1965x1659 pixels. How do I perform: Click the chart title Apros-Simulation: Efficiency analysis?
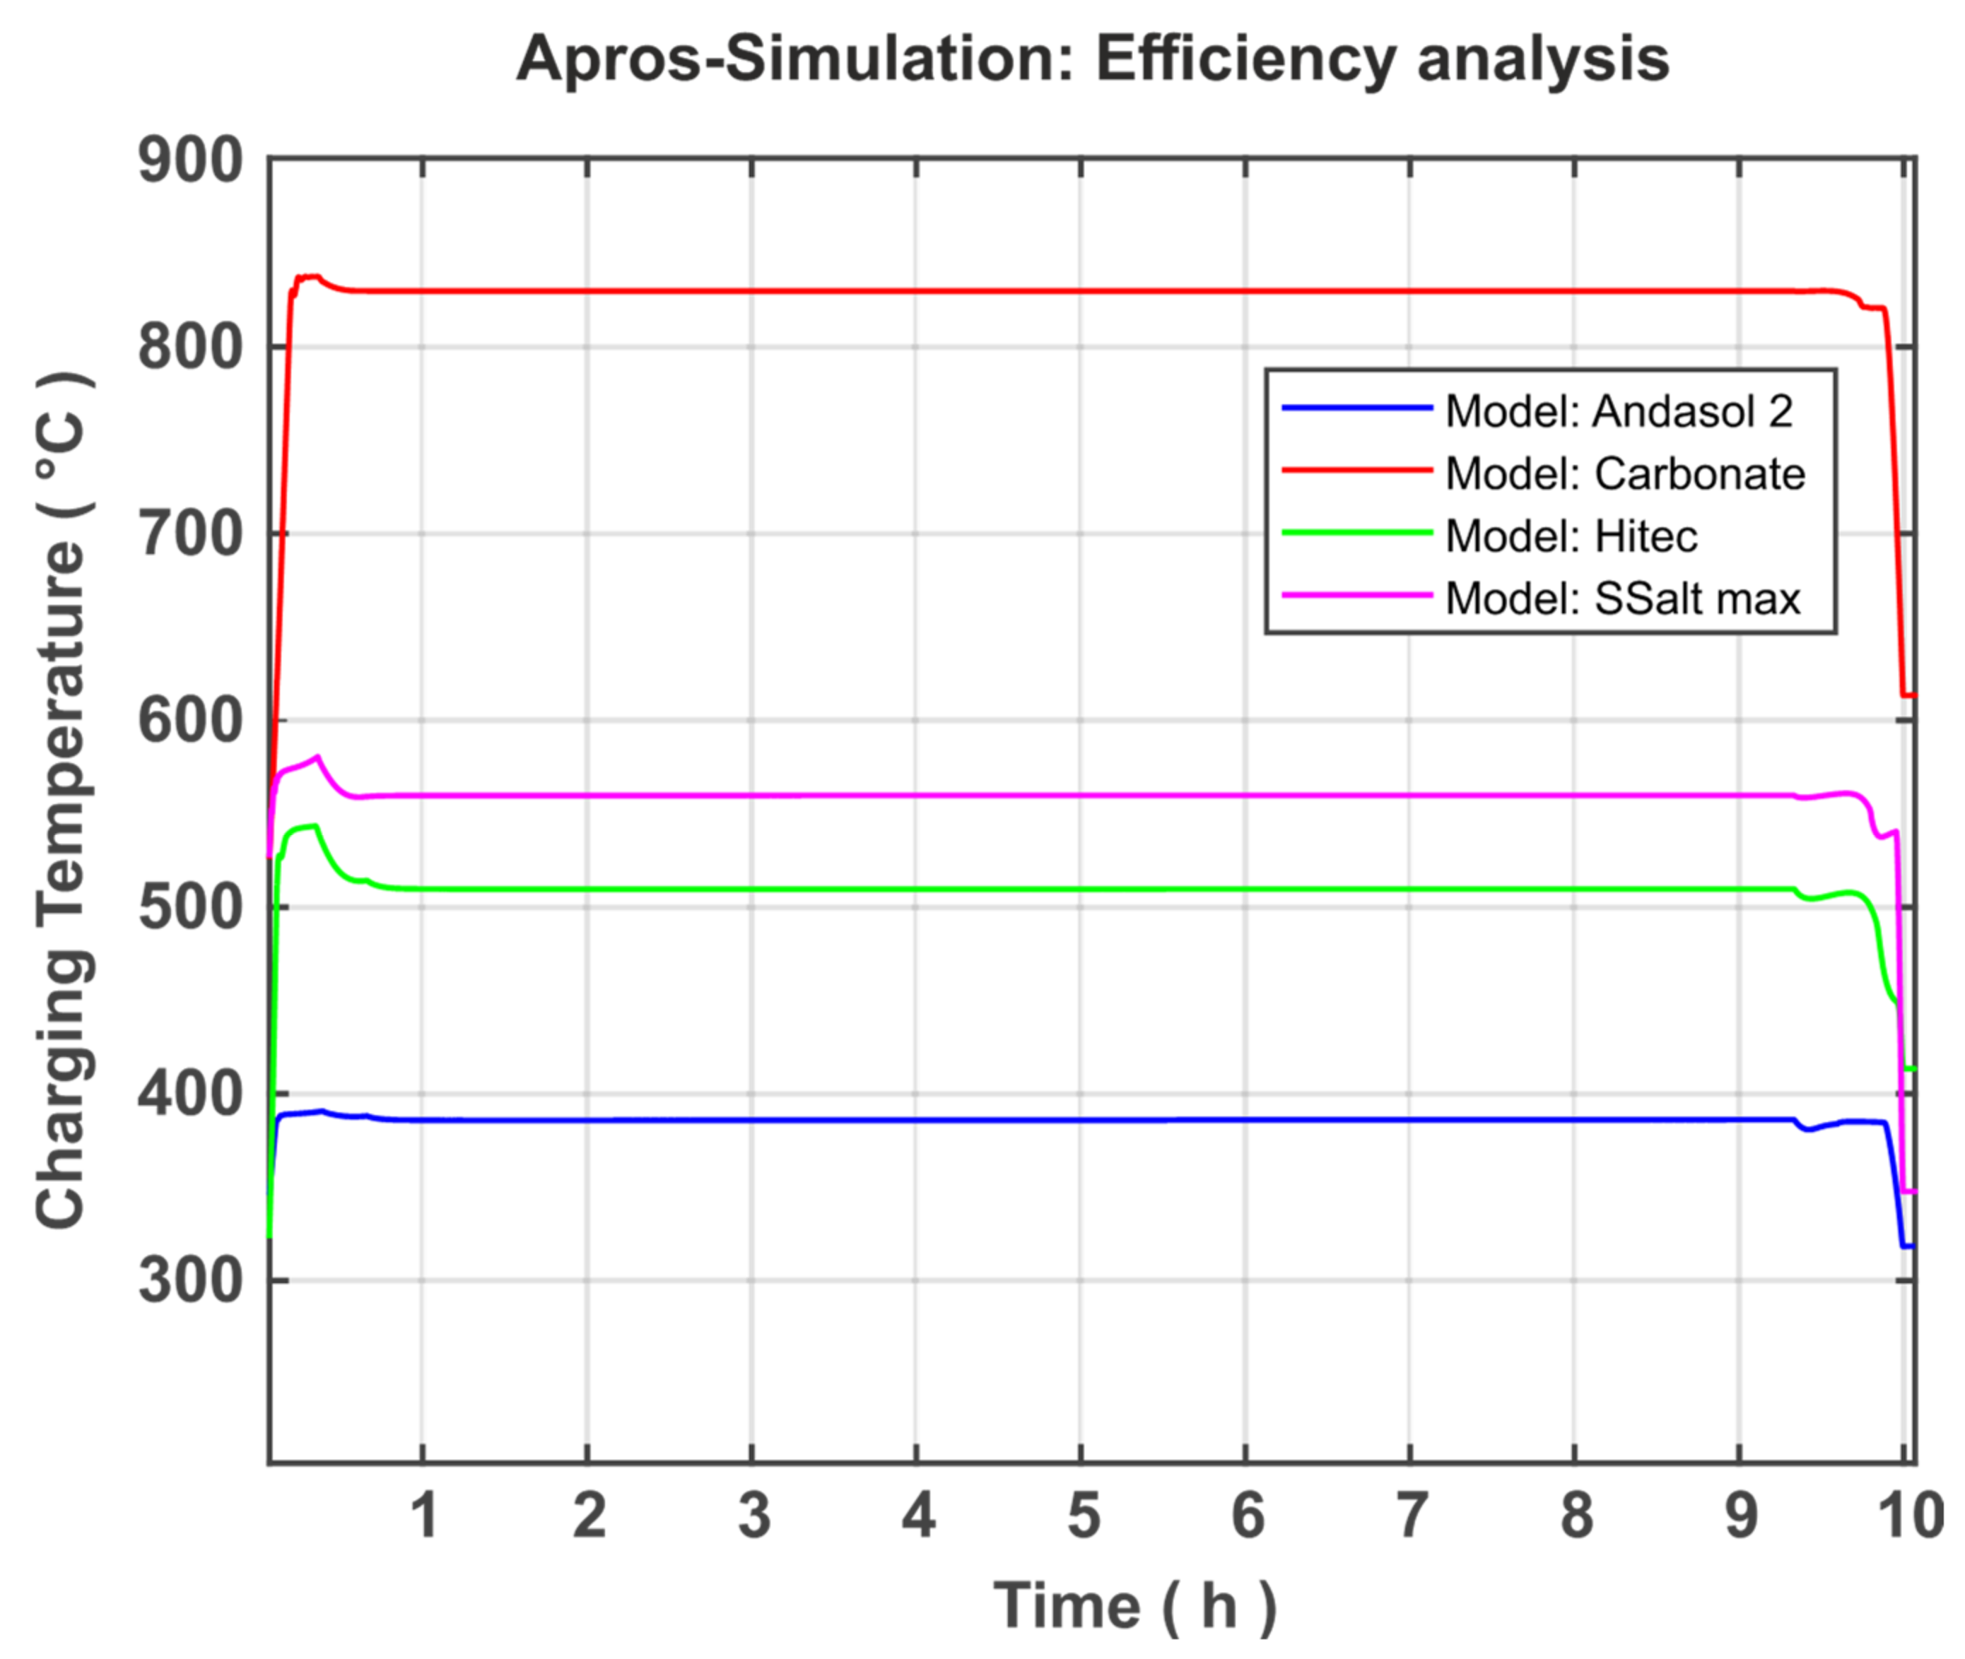pyautogui.click(x=1092, y=59)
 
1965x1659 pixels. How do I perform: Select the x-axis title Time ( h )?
pyautogui.click(x=1135, y=1605)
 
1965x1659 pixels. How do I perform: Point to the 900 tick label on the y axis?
pyautogui.click(x=191, y=162)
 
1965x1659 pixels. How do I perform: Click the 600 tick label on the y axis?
pyautogui.click(x=191, y=721)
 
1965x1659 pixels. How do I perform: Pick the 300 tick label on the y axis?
pyautogui.click(x=191, y=1281)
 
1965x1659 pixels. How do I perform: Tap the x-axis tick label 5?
pyautogui.click(x=1083, y=1517)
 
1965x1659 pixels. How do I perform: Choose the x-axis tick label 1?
pyautogui.click(x=426, y=1517)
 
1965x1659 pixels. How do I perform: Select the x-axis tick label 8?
pyautogui.click(x=1576, y=1517)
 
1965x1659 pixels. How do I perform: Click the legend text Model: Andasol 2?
pyautogui.click(x=1618, y=412)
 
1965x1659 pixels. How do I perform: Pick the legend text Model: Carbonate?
pyautogui.click(x=1624, y=474)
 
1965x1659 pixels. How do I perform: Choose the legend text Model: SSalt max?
pyautogui.click(x=1621, y=599)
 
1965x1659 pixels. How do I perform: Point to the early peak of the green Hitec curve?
pyautogui.click(x=315, y=826)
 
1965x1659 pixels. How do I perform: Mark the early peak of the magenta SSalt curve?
pyautogui.click(x=318, y=756)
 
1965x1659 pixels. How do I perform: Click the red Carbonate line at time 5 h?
pyautogui.click(x=1081, y=290)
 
